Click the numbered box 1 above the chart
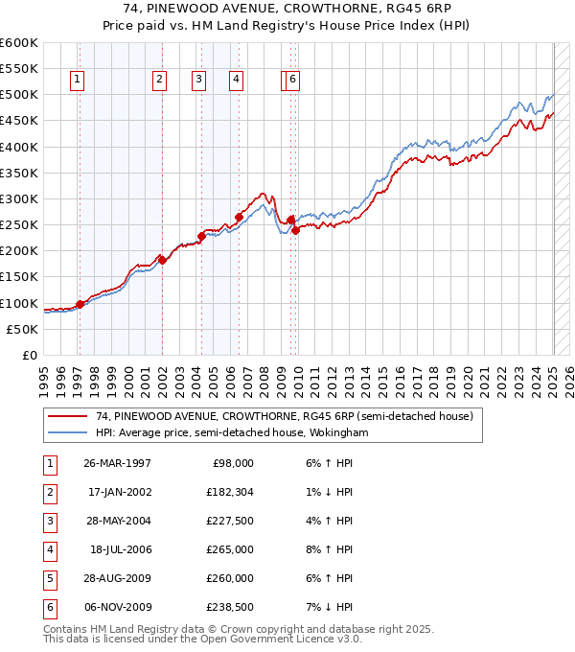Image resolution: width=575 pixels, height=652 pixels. [76, 81]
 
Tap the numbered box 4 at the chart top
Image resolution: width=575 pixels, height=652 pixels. [235, 81]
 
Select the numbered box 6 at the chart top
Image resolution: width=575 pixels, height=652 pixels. [292, 81]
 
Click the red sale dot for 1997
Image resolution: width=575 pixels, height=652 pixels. [80, 304]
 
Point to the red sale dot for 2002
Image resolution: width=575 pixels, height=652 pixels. [163, 260]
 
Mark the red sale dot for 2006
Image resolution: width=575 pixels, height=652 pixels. [239, 217]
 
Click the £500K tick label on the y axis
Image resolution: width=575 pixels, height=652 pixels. [18, 95]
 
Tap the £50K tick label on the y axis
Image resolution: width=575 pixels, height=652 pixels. [22, 329]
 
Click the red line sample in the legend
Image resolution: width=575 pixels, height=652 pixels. [69, 417]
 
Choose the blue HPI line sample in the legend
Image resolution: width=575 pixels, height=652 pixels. [69, 433]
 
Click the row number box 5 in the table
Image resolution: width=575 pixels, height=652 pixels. [48, 579]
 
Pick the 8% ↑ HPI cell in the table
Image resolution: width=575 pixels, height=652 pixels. [330, 550]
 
